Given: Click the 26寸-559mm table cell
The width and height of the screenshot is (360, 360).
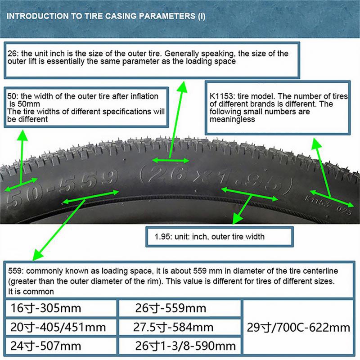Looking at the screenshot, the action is coord(171,308).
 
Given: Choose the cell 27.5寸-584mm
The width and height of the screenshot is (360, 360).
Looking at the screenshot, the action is coord(173,327).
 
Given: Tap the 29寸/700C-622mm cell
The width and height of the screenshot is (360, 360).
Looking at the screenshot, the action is coord(298,327).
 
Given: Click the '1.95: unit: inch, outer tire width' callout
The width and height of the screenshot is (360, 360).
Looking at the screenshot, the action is coord(209,236).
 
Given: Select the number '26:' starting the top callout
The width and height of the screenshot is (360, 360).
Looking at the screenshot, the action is coord(12,54).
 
